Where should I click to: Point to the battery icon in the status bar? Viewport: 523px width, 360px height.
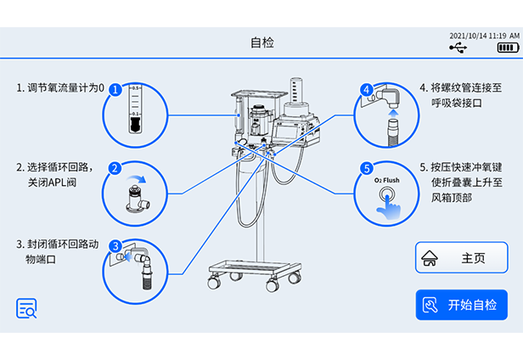(508, 48)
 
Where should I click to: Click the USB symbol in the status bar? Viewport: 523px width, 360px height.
(458, 48)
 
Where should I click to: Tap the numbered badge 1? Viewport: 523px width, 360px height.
(115, 88)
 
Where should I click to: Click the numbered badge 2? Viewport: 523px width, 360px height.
(113, 168)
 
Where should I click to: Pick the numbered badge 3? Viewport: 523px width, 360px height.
(115, 246)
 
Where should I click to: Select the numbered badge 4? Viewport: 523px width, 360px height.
(366, 88)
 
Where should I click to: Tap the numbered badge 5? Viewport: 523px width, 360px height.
(366, 168)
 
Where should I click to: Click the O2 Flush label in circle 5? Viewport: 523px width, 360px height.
(387, 181)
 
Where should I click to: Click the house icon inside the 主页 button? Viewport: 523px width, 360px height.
(430, 258)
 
